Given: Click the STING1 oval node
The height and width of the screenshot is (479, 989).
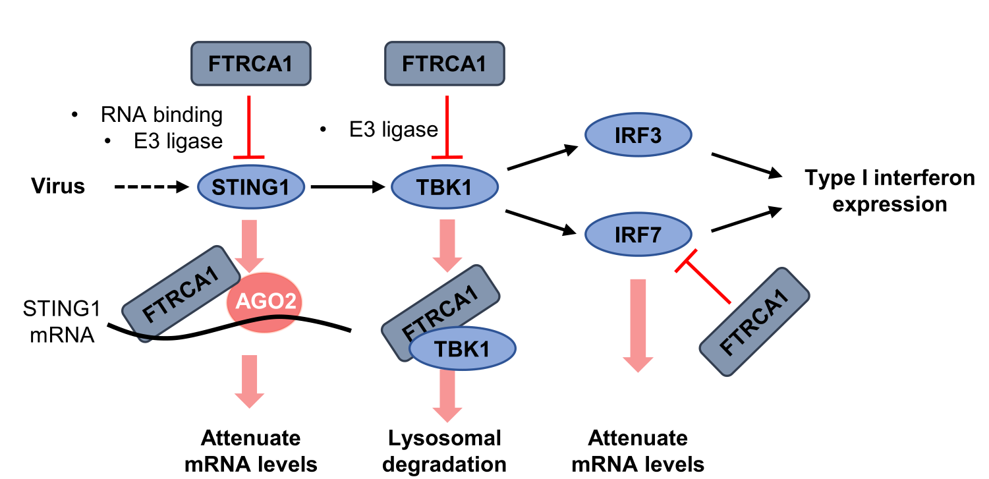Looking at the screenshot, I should pyautogui.click(x=251, y=187).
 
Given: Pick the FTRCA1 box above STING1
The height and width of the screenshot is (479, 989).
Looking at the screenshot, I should pyautogui.click(x=250, y=64).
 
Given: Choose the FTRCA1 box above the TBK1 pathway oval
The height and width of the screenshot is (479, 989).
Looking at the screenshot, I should pyautogui.click(x=444, y=64).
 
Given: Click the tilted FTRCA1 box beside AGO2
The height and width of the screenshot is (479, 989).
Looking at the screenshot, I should pyautogui.click(x=179, y=294).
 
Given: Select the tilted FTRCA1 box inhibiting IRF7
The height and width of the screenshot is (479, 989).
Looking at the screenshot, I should pyautogui.click(x=754, y=322).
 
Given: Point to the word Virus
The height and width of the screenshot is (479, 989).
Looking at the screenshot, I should pyautogui.click(x=59, y=186).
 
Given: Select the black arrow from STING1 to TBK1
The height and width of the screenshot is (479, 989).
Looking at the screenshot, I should pyautogui.click(x=347, y=188).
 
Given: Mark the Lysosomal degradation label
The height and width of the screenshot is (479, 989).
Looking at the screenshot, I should pyautogui.click(x=445, y=451).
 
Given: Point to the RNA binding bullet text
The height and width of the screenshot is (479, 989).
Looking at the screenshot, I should pyautogui.click(x=161, y=115).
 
